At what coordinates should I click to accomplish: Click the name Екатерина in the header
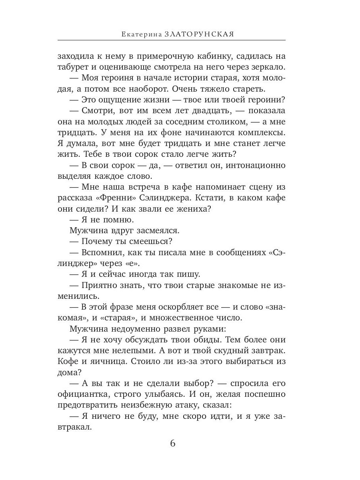pyautogui.click(x=141, y=34)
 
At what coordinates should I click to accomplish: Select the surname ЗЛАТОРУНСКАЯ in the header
pyautogui.click(x=199, y=34)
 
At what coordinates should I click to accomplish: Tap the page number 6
pyautogui.click(x=173, y=444)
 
